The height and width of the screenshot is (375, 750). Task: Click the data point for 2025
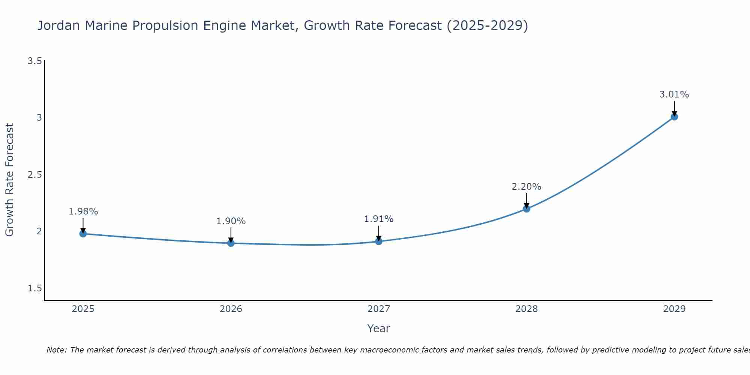point(83,234)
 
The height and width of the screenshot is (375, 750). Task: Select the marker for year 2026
point(231,243)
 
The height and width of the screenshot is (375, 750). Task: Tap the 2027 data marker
point(379,241)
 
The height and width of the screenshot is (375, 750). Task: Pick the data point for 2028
point(526,208)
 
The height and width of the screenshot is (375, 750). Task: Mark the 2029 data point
point(674,117)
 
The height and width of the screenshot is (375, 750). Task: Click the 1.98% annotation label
point(83,211)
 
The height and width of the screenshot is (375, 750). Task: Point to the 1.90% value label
point(231,221)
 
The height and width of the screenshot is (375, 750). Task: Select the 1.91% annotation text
point(379,219)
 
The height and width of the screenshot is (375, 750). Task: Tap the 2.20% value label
point(526,186)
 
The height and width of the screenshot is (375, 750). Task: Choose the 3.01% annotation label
point(674,94)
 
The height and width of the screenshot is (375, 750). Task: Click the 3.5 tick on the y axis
point(34,61)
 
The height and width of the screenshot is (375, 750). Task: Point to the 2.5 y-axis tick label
point(34,174)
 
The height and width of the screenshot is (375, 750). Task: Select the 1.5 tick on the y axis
point(34,288)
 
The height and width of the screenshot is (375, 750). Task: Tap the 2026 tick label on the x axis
point(231,309)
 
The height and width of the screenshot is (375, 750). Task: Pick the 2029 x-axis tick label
point(674,309)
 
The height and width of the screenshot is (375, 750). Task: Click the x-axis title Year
point(379,328)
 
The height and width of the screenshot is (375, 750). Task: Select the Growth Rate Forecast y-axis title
point(10,180)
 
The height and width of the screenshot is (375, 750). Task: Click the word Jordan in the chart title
point(59,25)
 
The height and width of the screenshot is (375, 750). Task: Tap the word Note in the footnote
point(56,350)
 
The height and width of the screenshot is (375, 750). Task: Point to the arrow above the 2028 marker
point(526,199)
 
